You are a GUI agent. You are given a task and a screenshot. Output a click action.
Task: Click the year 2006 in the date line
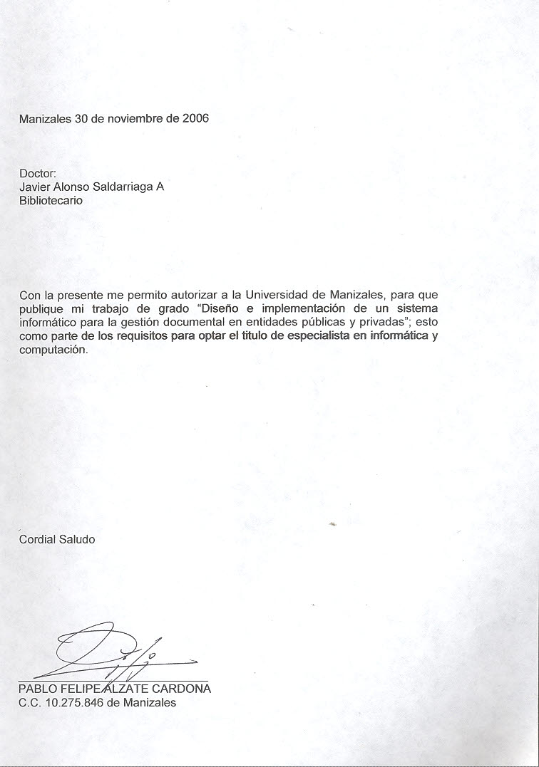195,119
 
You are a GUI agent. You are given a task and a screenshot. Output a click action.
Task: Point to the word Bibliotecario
51,200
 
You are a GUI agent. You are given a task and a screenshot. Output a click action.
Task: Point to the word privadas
381,322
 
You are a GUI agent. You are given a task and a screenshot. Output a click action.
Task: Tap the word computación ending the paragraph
53,350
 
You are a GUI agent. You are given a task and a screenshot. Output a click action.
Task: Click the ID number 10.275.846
74,702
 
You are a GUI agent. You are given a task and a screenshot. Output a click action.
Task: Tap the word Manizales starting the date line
45,119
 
